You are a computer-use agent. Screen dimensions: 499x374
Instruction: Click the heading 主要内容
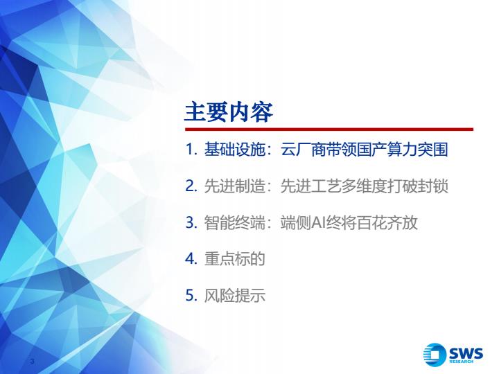pyautogui.click(x=229, y=112)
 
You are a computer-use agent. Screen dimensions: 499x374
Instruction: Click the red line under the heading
pyautogui.click(x=329, y=130)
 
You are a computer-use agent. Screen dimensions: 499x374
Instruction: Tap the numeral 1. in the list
pyautogui.click(x=191, y=150)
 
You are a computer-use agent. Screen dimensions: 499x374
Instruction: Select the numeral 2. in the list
pyautogui.click(x=191, y=186)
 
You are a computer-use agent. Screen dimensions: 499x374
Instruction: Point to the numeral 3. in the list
pyautogui.click(x=191, y=222)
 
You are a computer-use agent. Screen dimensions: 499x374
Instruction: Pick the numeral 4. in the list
pyautogui.click(x=191, y=258)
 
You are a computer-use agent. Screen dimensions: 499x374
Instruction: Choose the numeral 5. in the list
pyautogui.click(x=191, y=295)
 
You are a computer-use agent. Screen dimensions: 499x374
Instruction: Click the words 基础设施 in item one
pyautogui.click(x=234, y=150)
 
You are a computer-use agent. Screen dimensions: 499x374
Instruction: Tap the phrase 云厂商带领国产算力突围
pyautogui.click(x=365, y=150)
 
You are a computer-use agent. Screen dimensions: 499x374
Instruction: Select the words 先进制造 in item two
pyautogui.click(x=234, y=186)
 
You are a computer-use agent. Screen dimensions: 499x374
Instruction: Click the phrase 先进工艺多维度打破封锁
pyautogui.click(x=365, y=186)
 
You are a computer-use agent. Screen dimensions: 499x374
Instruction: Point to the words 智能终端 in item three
pyautogui.click(x=234, y=222)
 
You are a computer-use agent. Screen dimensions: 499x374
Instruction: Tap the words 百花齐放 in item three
pyautogui.click(x=387, y=222)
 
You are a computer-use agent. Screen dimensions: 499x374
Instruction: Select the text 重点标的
pyautogui.click(x=234, y=258)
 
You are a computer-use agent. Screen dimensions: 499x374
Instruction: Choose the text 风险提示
pyautogui.click(x=234, y=295)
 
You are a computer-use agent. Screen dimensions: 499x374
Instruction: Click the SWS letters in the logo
pyautogui.click(x=466, y=353)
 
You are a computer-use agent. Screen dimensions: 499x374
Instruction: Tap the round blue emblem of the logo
pyautogui.click(x=435, y=355)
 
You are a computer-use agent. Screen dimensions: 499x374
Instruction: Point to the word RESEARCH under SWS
pyautogui.click(x=461, y=362)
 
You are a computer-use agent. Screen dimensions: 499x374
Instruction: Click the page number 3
pyautogui.click(x=32, y=361)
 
